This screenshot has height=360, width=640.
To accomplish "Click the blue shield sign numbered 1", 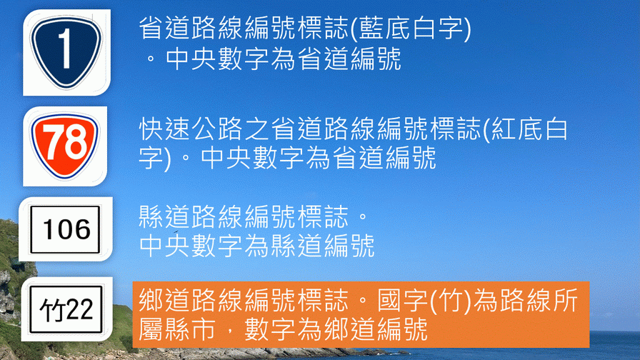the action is tap(66, 52).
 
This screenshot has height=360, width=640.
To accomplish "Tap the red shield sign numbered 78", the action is tap(64, 146).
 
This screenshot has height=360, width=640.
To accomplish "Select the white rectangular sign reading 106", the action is tap(65, 229).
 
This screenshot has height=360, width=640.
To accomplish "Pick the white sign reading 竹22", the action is tap(66, 309).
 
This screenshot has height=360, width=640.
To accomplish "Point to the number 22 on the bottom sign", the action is tap(79, 309).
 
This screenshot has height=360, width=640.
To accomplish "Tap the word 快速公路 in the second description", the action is tap(191, 129).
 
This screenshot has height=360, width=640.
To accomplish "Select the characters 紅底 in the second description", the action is tap(516, 129).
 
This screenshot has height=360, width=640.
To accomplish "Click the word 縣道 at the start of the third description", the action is tap(164, 216).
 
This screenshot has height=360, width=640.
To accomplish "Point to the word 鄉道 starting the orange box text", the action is tap(164, 301).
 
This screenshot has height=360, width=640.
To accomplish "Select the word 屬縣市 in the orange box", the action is tap(177, 329).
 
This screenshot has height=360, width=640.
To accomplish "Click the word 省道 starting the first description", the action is tap(164, 29).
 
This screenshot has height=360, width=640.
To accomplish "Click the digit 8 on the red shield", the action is tap(76, 141).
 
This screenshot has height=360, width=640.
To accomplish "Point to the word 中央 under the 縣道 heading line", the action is tap(164, 246).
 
